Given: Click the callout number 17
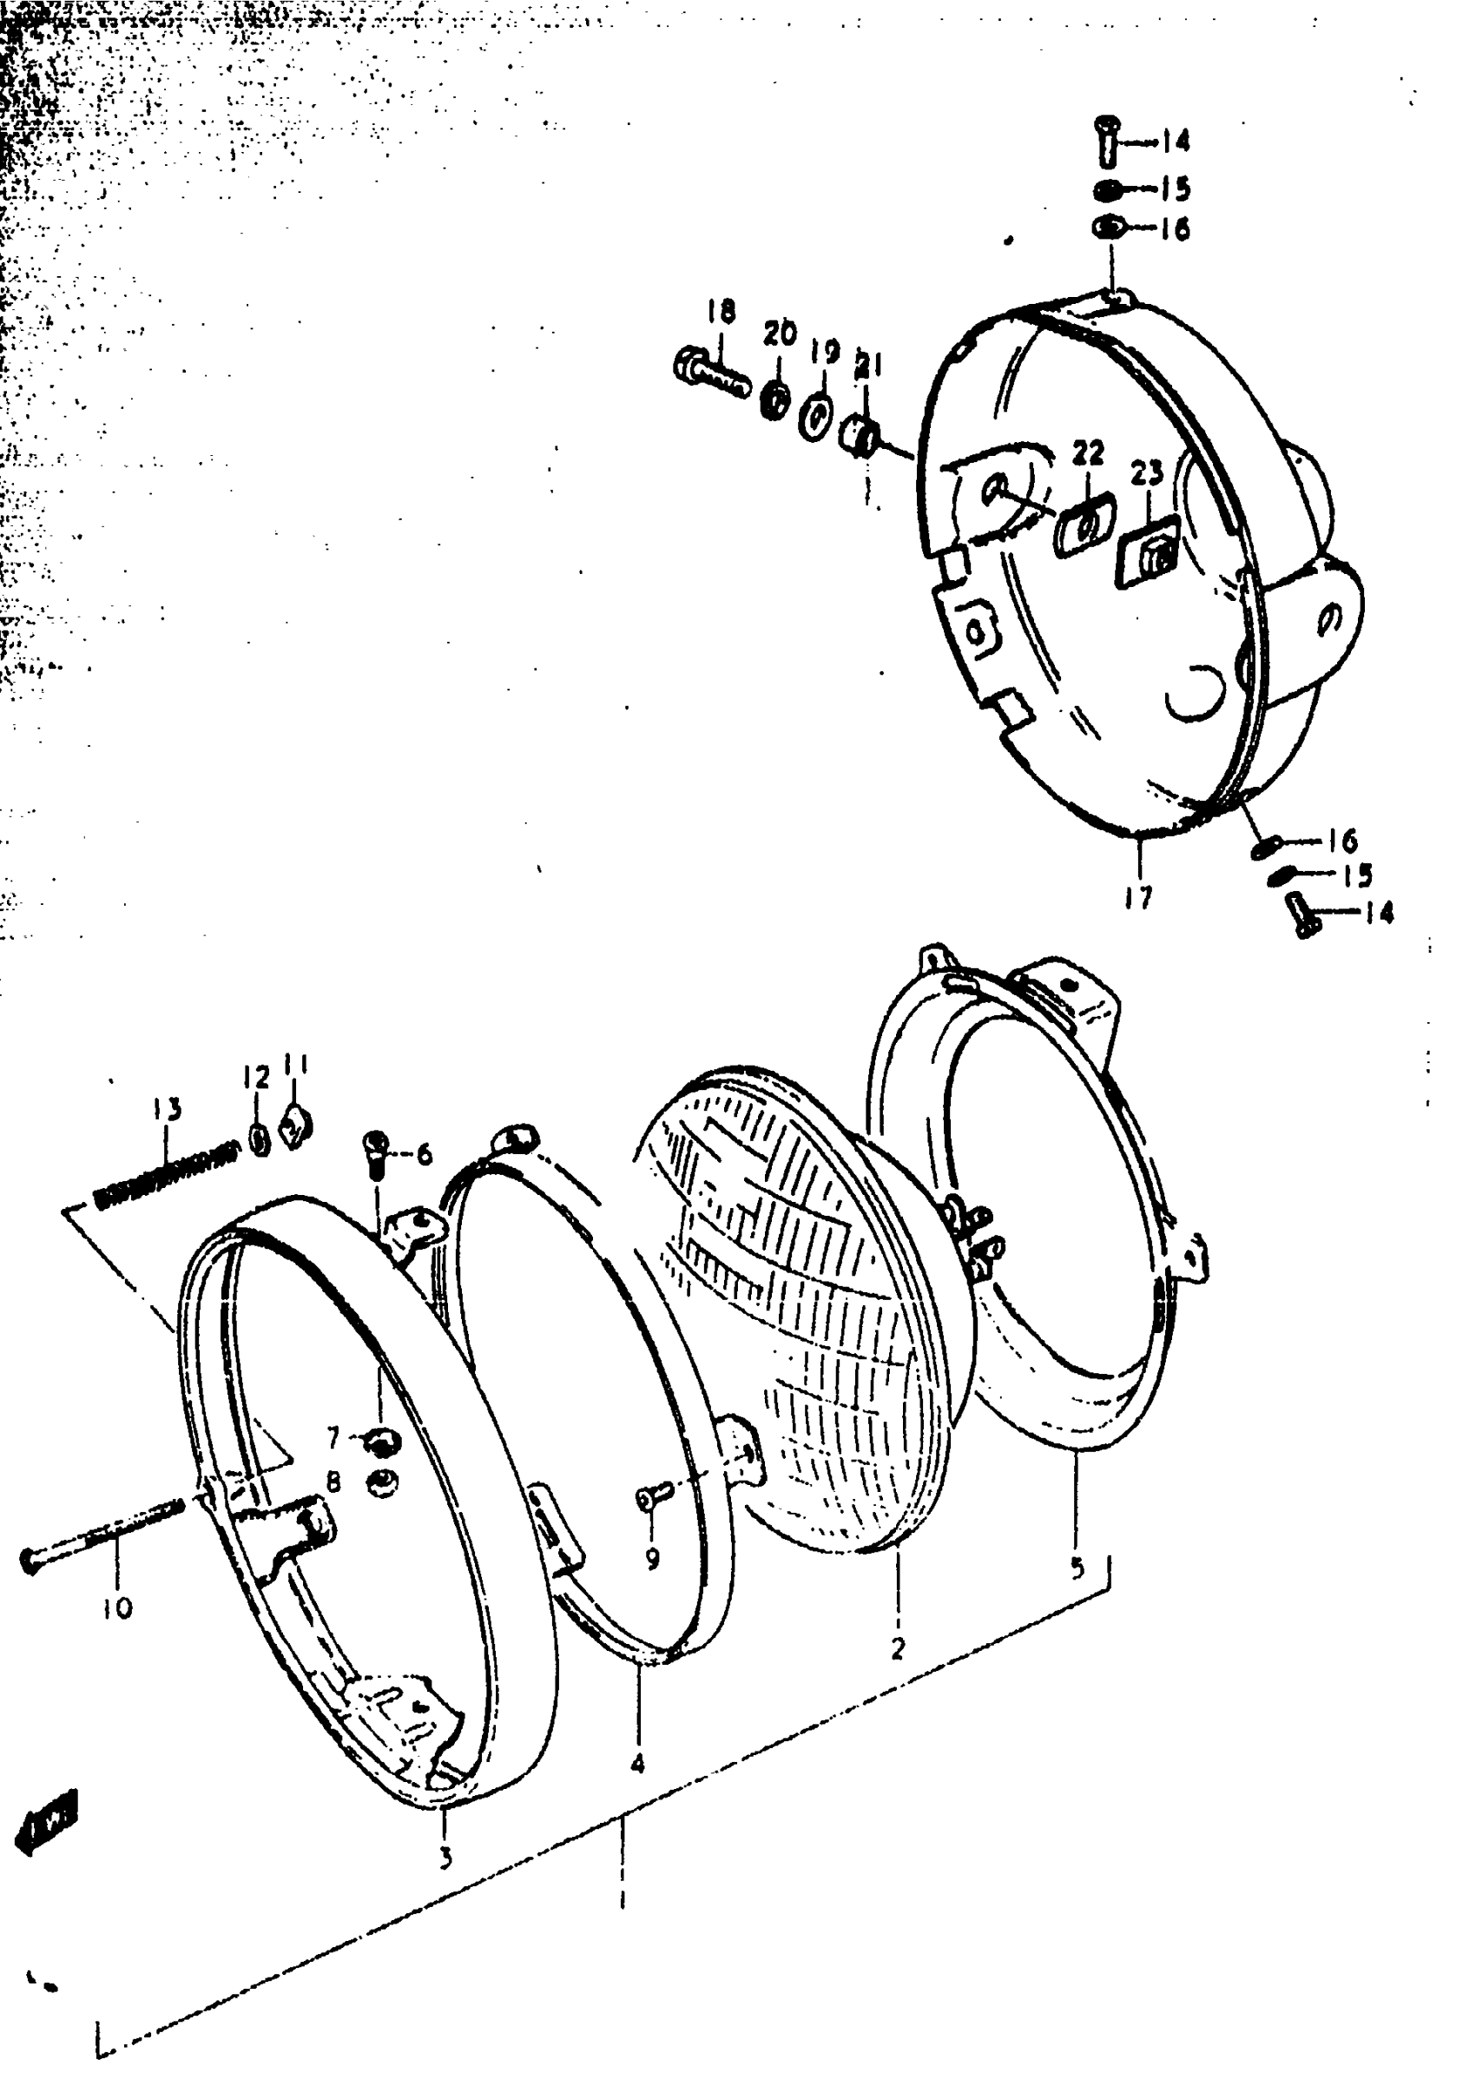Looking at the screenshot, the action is point(1138,897).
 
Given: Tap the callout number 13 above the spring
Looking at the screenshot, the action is point(167,1110).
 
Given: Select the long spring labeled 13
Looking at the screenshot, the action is point(167,1177).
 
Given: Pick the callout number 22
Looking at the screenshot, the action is point(1088,452).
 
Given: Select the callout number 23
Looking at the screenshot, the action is point(1147,472).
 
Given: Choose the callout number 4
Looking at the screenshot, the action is point(637,1763).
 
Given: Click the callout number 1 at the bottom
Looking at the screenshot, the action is point(622,1899).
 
